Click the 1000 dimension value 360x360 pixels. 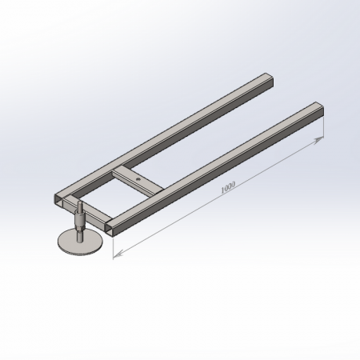(x=228, y=187)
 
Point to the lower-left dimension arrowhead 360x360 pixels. (x=118, y=254)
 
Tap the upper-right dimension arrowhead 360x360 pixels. (x=318, y=140)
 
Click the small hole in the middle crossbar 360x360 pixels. (x=138, y=179)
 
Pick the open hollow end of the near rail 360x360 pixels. (x=110, y=229)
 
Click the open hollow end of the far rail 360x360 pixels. (x=58, y=200)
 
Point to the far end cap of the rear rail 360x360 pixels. (x=270, y=81)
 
